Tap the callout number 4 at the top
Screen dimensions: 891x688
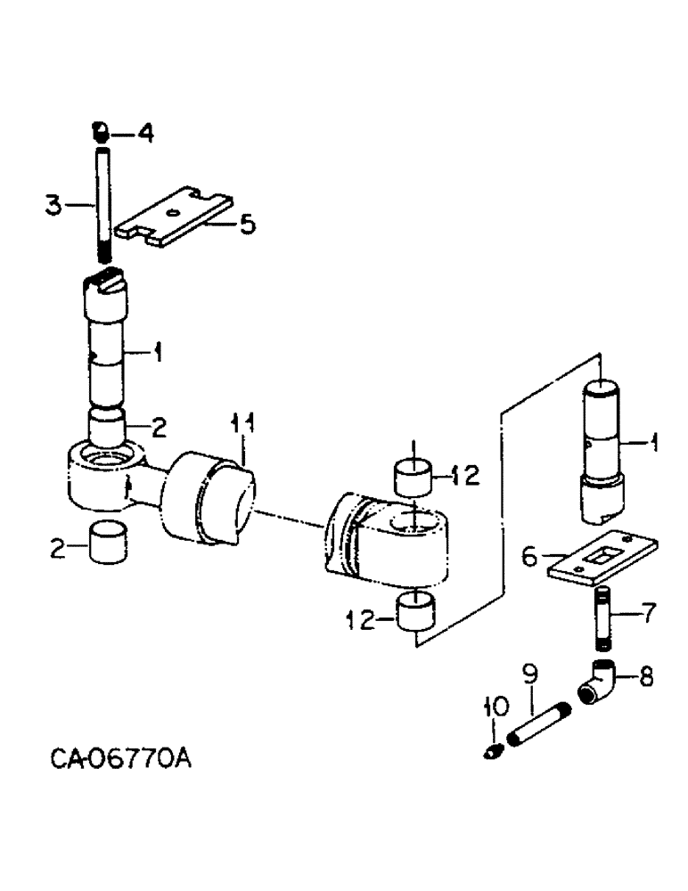tap(144, 134)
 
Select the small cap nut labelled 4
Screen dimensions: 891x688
tap(102, 133)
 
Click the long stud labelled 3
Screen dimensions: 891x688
tap(102, 205)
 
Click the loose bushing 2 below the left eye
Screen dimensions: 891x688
tap(108, 543)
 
